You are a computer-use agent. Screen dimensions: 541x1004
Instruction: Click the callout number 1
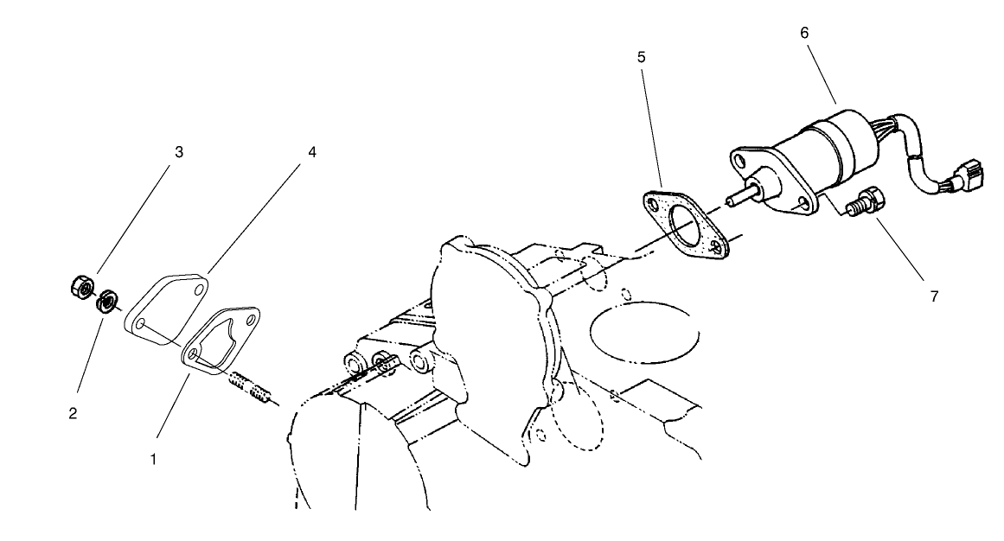click(x=153, y=459)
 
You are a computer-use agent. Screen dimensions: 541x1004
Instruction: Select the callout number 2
click(x=73, y=413)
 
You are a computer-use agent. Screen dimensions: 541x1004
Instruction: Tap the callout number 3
click(x=179, y=152)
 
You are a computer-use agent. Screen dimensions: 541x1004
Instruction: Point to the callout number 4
click(x=311, y=152)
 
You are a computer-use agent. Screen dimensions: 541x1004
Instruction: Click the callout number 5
click(x=641, y=57)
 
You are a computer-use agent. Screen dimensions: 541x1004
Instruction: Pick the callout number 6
click(x=804, y=32)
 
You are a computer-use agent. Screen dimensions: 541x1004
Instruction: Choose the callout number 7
click(x=934, y=296)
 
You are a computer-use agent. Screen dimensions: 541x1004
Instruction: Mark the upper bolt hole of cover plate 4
click(x=199, y=289)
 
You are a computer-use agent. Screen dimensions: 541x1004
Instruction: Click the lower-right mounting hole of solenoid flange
click(x=805, y=202)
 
